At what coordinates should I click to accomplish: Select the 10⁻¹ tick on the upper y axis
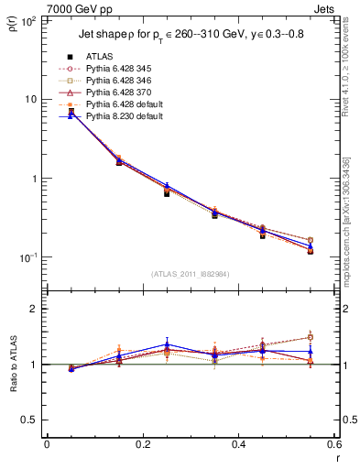[31, 257]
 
